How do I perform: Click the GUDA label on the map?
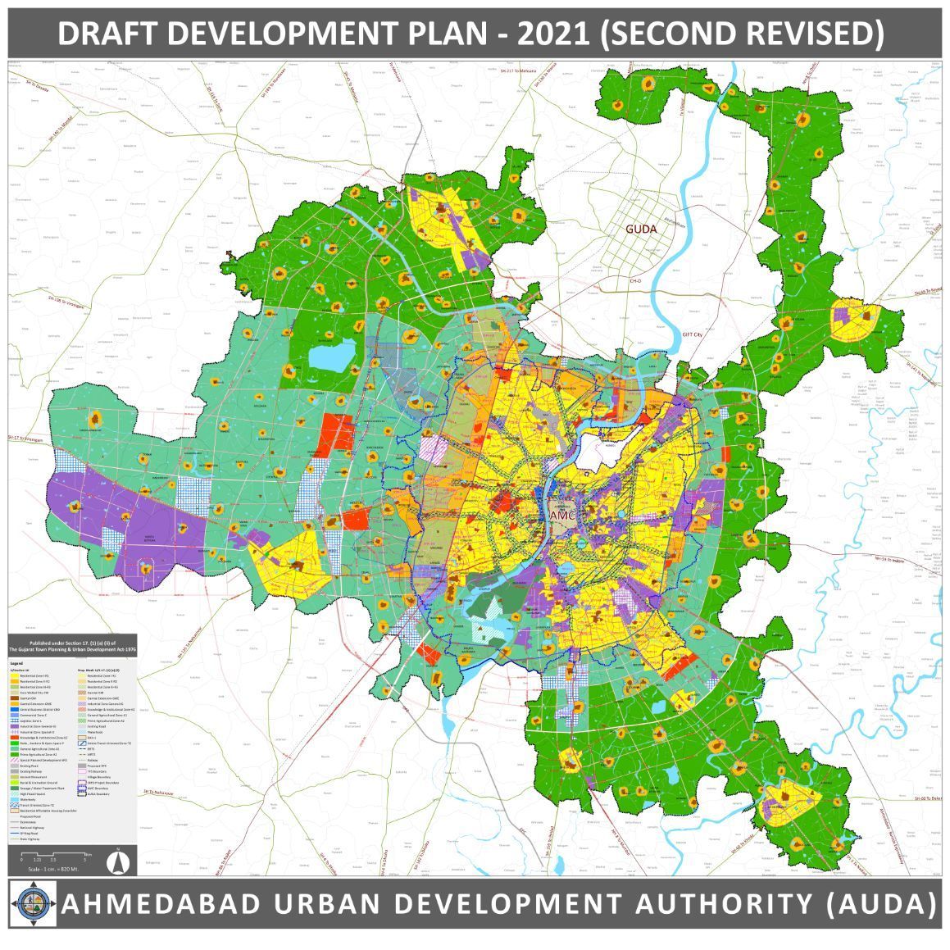tap(640, 229)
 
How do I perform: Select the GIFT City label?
tap(693, 335)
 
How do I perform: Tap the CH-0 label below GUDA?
tap(634, 281)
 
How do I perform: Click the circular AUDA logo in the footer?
tap(31, 904)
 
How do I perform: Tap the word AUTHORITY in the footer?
tap(720, 904)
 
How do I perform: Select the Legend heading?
tap(17, 662)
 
